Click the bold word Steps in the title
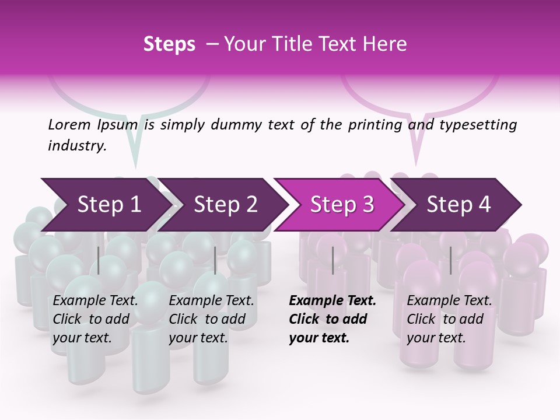tap(169, 44)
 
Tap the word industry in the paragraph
tap(76, 146)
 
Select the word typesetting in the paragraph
tap(480, 125)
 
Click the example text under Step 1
tap(95, 319)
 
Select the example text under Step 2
tap(211, 319)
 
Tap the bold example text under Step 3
tap(332, 319)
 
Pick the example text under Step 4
tap(449, 319)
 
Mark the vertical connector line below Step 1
tap(99, 260)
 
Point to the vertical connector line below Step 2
tap(215, 260)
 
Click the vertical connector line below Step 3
tap(332, 260)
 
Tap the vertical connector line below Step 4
tap(450, 260)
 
